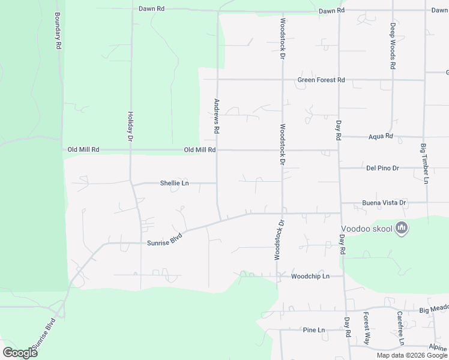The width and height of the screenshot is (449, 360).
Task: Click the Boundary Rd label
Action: click(x=58, y=31)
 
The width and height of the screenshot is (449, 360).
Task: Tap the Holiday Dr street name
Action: click(x=130, y=126)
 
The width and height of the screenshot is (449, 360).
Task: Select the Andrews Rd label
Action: click(x=217, y=116)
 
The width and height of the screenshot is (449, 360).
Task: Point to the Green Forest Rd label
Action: click(x=321, y=80)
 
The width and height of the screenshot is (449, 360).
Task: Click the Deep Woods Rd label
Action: click(x=393, y=46)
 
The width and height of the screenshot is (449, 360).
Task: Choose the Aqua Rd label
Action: click(x=380, y=137)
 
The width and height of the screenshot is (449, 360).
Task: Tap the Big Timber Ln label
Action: click(x=424, y=163)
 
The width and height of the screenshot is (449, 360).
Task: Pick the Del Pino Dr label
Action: click(x=382, y=169)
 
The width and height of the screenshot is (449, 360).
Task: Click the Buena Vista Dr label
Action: click(x=384, y=203)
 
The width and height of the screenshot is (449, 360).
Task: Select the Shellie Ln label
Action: click(x=175, y=183)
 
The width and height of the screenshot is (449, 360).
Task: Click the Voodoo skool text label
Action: click(x=367, y=229)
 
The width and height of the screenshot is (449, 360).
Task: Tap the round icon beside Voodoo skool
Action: click(x=402, y=229)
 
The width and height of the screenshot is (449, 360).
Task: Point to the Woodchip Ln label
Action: click(x=310, y=277)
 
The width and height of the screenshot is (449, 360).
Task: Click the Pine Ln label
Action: click(x=313, y=330)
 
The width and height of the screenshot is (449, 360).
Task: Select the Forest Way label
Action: click(x=366, y=327)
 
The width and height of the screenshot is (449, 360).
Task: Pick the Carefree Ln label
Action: click(x=400, y=328)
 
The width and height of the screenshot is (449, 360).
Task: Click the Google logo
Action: click(x=20, y=352)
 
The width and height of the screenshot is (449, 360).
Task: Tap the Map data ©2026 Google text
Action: click(x=412, y=355)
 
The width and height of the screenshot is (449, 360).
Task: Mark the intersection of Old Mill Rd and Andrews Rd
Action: click(x=217, y=150)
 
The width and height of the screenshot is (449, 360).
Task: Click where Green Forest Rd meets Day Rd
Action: click(x=339, y=80)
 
